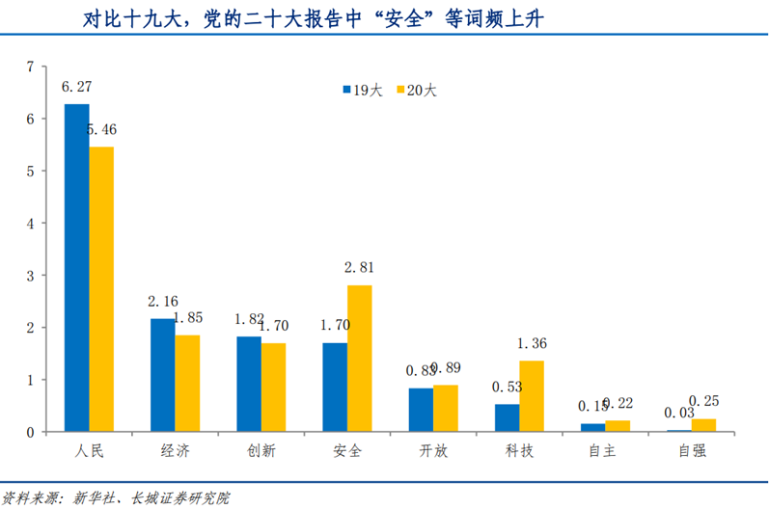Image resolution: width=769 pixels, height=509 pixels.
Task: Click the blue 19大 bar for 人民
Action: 76,267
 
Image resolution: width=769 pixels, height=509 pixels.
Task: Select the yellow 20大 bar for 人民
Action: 101,289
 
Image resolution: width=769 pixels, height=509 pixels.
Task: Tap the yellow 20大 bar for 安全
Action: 359,358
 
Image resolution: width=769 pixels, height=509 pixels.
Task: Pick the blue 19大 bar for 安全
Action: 335,387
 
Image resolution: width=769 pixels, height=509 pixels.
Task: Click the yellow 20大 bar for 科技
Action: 532,395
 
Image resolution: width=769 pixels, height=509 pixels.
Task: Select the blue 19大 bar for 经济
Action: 162,375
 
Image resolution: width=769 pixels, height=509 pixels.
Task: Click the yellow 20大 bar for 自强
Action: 704,425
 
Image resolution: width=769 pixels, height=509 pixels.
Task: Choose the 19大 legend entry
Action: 362,91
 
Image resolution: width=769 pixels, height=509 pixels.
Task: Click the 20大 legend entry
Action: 416,91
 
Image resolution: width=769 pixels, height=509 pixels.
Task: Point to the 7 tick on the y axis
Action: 31,67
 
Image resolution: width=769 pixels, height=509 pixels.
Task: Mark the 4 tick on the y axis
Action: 31,224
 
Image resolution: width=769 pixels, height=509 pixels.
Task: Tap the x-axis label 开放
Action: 432,451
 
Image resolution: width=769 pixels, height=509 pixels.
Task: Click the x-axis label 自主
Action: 605,451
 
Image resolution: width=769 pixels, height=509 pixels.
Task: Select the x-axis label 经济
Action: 174,451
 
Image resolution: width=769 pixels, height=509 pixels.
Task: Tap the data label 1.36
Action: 532,343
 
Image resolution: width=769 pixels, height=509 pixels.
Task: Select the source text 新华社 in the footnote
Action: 94,497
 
